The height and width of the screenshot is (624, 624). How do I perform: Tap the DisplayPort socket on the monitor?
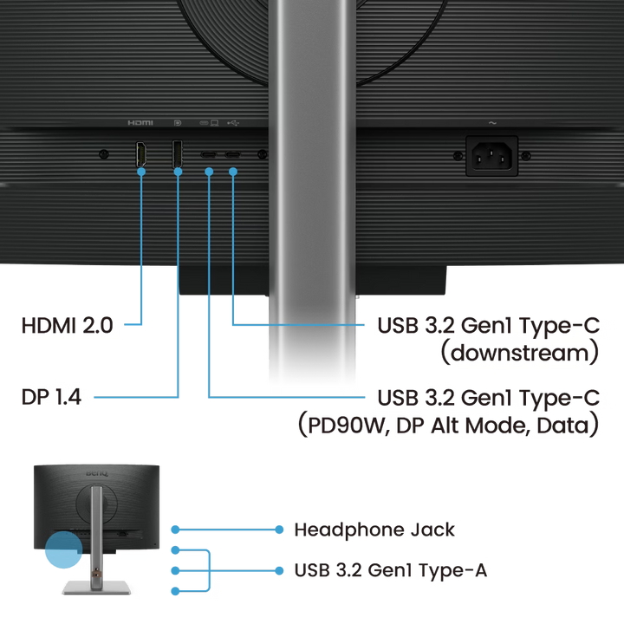point(177,154)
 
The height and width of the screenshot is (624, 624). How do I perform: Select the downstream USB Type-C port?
point(233,156)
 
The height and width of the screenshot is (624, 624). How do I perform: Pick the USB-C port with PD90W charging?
point(209,156)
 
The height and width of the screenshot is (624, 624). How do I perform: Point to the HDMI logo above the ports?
point(140,123)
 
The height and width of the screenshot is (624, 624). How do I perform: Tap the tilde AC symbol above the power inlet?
point(492,123)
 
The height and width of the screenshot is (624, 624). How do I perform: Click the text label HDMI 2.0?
point(67,326)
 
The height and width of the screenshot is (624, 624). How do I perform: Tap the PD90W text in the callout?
point(349,426)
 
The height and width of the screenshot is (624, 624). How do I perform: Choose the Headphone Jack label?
point(374,529)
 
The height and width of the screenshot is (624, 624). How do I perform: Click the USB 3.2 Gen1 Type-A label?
point(390,570)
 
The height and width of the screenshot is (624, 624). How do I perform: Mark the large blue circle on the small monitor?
point(61,549)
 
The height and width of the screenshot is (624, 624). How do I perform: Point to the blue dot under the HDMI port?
point(142,172)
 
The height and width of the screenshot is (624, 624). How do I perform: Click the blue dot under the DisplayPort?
point(178,172)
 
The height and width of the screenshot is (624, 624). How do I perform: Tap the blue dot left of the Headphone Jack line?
point(176,529)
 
